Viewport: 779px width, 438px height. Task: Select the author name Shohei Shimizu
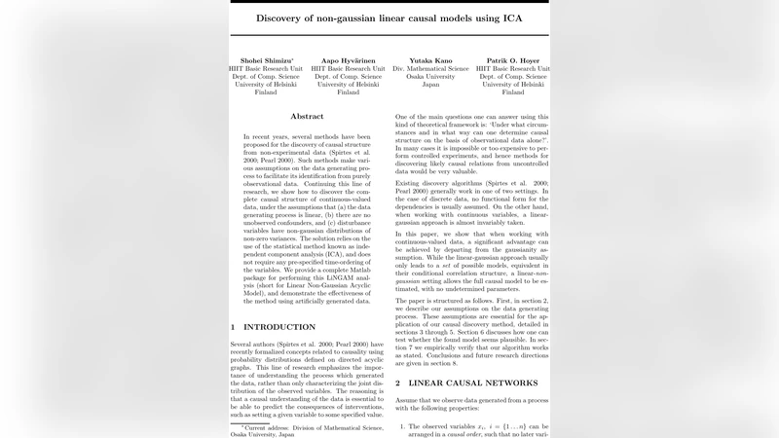[x=266, y=59]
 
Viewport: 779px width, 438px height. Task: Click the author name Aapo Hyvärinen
[x=348, y=59]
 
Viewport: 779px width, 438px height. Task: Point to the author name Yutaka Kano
[x=430, y=59]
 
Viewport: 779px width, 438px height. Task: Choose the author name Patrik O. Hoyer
[x=512, y=59]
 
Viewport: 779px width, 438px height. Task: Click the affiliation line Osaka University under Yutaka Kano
[x=430, y=76]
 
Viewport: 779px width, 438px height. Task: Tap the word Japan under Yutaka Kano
[x=430, y=85]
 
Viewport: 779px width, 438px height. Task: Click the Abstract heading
[x=307, y=116]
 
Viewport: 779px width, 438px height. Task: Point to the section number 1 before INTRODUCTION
[x=233, y=327]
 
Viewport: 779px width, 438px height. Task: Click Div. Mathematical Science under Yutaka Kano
[x=430, y=68]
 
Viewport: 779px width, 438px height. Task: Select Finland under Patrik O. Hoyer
[x=512, y=93]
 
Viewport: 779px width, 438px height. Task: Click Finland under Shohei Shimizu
[x=266, y=93]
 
